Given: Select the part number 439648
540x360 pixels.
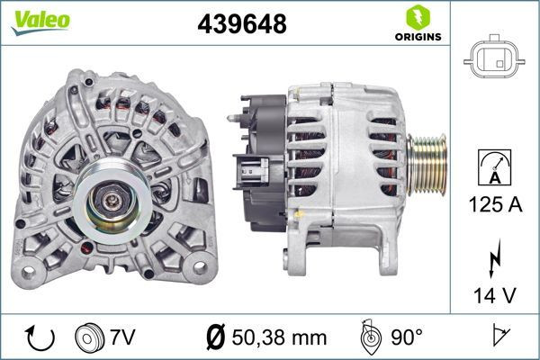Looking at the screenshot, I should (241, 25).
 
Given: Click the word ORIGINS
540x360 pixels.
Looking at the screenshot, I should (417, 37).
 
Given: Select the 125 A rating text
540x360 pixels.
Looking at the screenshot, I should (494, 204).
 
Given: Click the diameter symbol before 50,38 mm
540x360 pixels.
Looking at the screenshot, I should (215, 337).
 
